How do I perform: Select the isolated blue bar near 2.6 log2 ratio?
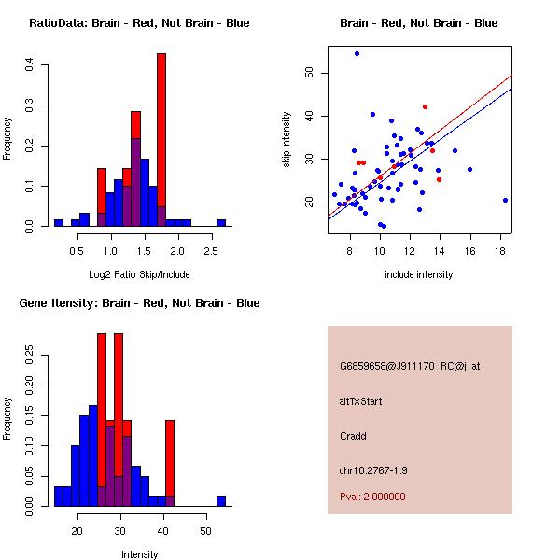[x=221, y=223]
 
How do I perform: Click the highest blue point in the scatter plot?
[x=357, y=53]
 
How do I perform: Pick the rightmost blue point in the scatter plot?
[x=505, y=200]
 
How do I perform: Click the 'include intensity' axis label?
[x=419, y=274]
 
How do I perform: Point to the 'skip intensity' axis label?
[x=287, y=141]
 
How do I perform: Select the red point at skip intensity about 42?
[x=425, y=106]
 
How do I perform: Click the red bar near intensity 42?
[x=170, y=457]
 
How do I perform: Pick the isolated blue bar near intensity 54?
[x=221, y=501]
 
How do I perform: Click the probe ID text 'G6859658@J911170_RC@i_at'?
[x=410, y=367]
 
